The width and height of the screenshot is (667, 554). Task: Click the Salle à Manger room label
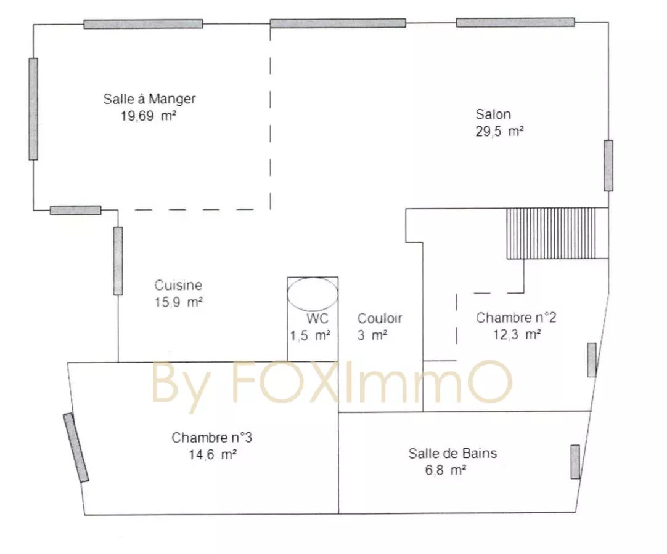tap(149, 99)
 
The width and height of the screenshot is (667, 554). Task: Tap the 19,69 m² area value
tap(149, 116)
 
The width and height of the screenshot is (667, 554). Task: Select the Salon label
tap(493, 114)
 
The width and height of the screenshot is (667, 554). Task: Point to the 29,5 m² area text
tap(499, 131)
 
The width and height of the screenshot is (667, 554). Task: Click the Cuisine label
tap(178, 285)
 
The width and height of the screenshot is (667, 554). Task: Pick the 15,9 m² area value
tap(178, 302)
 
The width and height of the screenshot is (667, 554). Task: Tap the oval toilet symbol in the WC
tap(313, 294)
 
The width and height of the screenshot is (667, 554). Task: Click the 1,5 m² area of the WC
tap(310, 335)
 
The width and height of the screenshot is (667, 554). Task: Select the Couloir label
tap(380, 318)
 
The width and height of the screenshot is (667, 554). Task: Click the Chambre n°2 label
tap(515, 318)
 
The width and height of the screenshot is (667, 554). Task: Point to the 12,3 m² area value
tap(517, 335)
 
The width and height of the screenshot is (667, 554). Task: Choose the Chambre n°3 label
tap(211, 438)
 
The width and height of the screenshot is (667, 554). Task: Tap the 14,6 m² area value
tap(213, 454)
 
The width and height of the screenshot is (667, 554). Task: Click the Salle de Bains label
tap(452, 453)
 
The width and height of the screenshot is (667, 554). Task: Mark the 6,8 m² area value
tap(445, 470)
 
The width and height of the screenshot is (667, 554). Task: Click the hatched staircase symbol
tap(551, 233)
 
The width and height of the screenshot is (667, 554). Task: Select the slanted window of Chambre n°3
tap(76, 448)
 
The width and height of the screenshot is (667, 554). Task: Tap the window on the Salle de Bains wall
tap(575, 462)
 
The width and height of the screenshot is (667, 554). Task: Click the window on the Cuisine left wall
tap(118, 261)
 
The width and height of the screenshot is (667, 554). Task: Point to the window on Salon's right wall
tap(608, 165)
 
